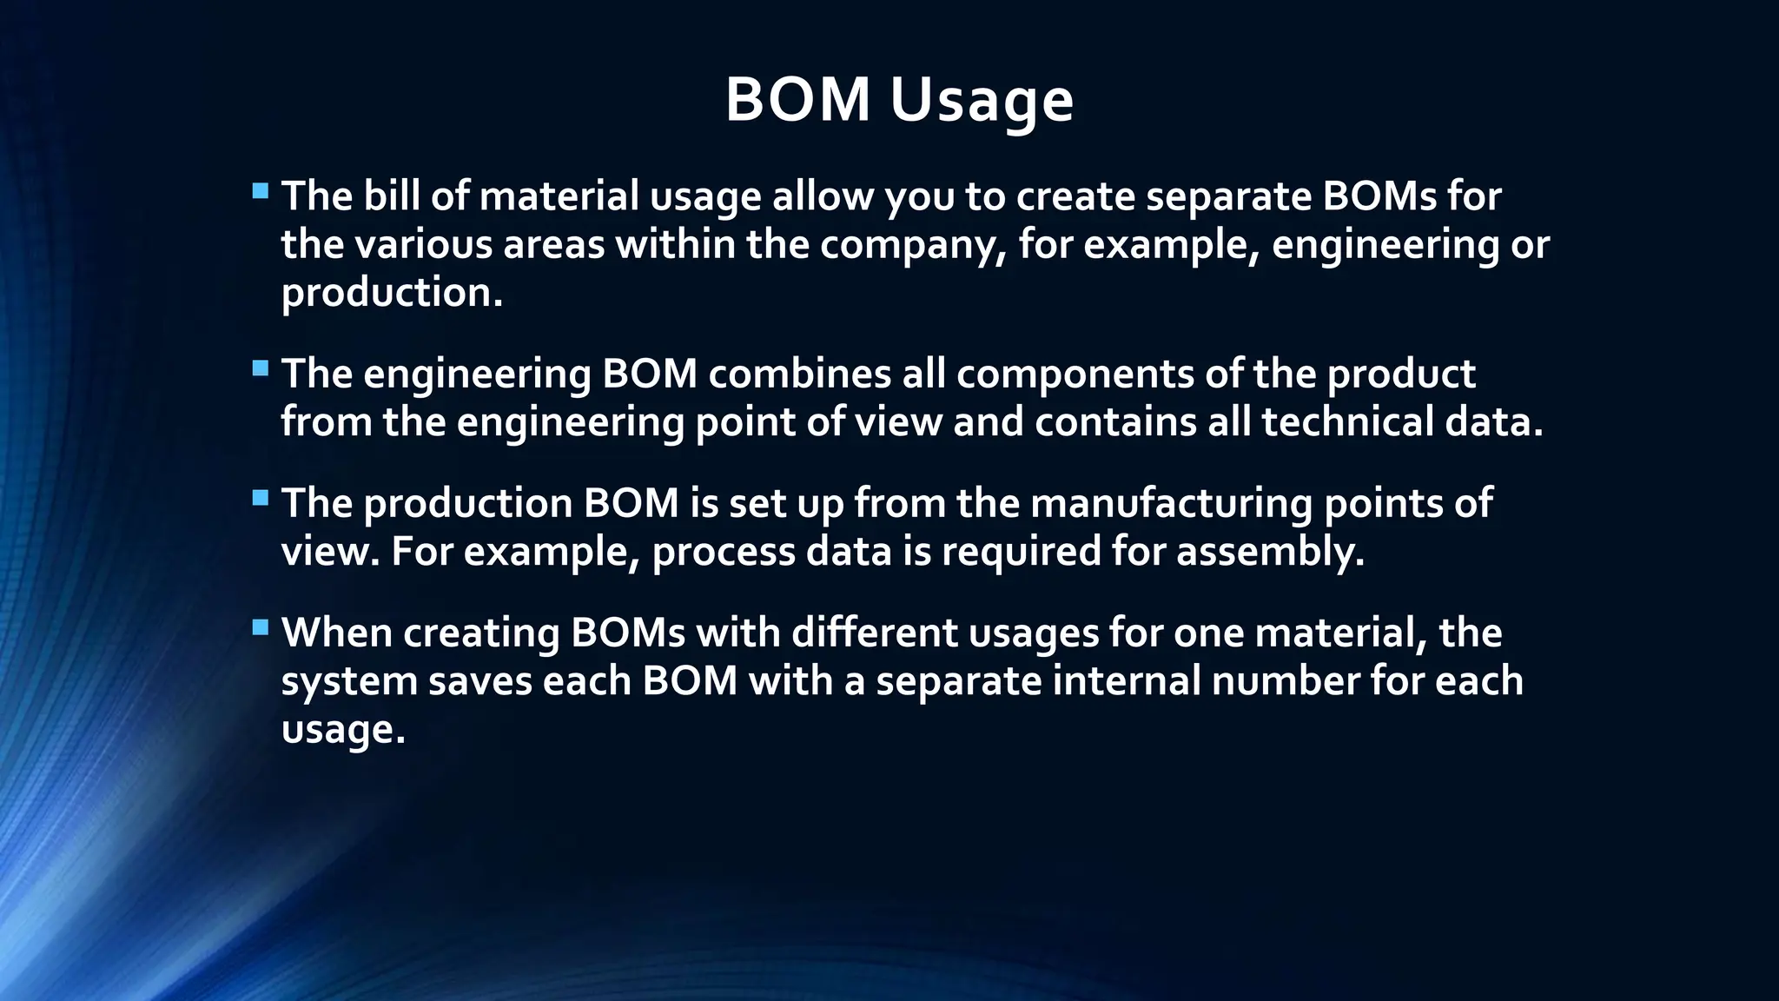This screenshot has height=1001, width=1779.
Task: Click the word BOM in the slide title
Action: (x=797, y=100)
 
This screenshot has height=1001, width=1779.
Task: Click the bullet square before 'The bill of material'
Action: (x=261, y=191)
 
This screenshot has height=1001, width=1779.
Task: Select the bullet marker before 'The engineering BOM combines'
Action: (x=261, y=368)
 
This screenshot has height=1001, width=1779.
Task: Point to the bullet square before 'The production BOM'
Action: (x=261, y=498)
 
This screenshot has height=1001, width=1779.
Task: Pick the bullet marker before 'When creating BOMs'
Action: (x=261, y=627)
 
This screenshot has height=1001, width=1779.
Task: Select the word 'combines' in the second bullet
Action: (x=799, y=375)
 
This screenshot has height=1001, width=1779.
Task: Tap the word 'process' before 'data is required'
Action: (x=724, y=553)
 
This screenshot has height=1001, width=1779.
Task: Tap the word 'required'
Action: (x=1022, y=553)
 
